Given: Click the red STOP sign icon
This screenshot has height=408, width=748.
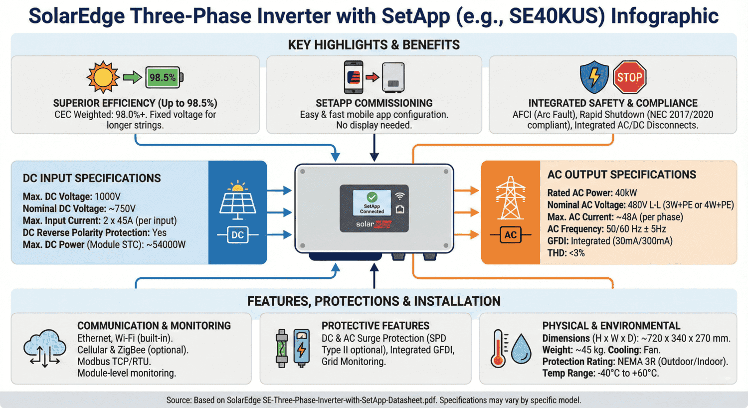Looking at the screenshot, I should [629, 77].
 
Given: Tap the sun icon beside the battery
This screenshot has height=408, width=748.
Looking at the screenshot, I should [103, 77].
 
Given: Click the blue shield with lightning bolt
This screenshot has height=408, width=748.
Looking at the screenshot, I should [594, 77].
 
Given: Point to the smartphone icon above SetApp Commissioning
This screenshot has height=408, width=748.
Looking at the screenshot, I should [354, 77].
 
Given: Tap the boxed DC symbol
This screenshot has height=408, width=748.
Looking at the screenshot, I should [238, 235].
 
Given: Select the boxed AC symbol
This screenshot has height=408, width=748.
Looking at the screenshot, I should [510, 235].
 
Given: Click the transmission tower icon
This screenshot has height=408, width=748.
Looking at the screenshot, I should [510, 198].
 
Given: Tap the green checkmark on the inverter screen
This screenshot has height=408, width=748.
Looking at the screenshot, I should [372, 198].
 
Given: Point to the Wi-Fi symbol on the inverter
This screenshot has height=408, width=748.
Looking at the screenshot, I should [399, 196].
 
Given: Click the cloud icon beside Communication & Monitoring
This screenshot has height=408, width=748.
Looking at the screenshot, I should [45, 348].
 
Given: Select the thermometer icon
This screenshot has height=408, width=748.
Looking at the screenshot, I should [498, 348].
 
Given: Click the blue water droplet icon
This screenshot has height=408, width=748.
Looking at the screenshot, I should [521, 348].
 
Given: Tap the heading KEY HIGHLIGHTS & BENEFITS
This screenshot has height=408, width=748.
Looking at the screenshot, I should [374, 45].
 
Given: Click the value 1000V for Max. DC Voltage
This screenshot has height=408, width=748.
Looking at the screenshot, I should [107, 197].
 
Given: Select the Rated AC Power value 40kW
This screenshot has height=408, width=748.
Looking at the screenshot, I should [626, 193].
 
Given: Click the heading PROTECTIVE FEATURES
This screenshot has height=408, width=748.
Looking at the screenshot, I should [375, 326].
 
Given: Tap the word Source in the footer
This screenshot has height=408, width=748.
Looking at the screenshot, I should [178, 400].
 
